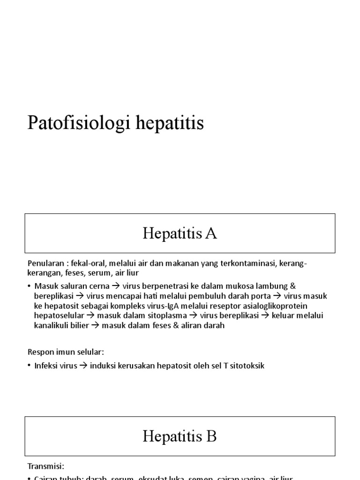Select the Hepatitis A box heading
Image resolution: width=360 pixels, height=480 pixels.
(180, 233)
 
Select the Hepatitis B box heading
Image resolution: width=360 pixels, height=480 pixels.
(180, 436)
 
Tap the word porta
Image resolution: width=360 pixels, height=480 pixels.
(262, 296)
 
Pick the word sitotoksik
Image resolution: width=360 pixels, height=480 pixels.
(247, 366)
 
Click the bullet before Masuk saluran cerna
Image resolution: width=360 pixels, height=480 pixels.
(29, 286)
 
